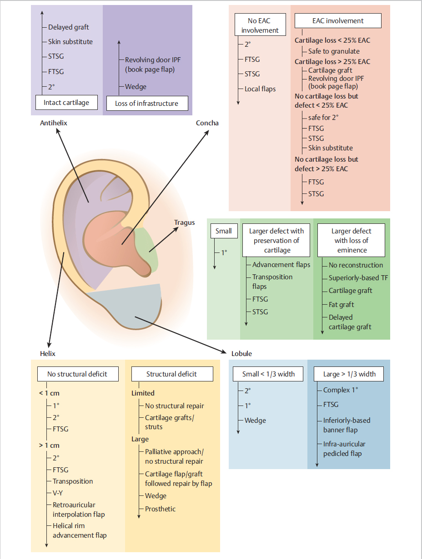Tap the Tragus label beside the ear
(184, 223)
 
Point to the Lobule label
(241, 354)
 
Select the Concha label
(207, 123)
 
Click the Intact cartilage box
(66, 102)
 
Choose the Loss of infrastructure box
(146, 103)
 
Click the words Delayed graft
(68, 27)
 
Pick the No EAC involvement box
(260, 25)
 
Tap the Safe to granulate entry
(334, 51)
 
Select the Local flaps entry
(260, 89)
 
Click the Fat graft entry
(341, 305)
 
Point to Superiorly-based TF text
(358, 278)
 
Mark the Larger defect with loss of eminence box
(351, 241)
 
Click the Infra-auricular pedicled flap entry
(344, 449)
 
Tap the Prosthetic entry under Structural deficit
(160, 509)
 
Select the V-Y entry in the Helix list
(58, 493)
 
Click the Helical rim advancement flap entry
(79, 530)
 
